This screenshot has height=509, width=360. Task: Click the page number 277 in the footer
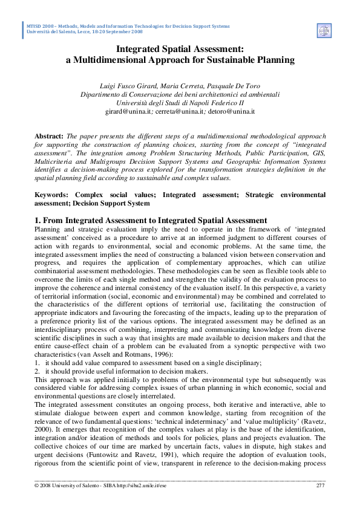[321, 486]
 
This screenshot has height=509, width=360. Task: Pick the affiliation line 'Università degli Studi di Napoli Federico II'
[180, 103]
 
